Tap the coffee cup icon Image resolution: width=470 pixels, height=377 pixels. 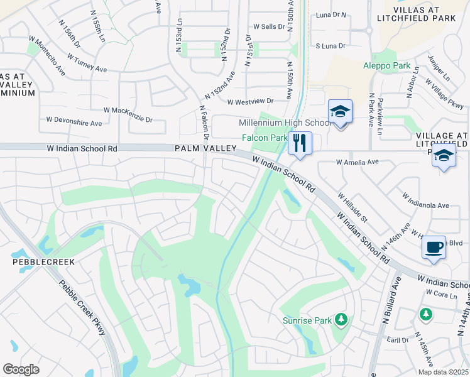[434, 247]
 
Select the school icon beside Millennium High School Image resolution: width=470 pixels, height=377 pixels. [340, 112]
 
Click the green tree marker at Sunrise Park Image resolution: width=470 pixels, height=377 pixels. [341, 320]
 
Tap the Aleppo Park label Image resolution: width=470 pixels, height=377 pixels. [386, 65]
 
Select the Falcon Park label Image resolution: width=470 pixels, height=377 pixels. [265, 138]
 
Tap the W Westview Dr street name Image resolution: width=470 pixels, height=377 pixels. [251, 101]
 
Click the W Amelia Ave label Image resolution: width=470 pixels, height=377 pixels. [358, 162]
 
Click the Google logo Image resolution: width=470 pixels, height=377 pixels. [21, 369]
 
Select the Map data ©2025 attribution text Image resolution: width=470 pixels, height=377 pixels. [442, 372]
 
